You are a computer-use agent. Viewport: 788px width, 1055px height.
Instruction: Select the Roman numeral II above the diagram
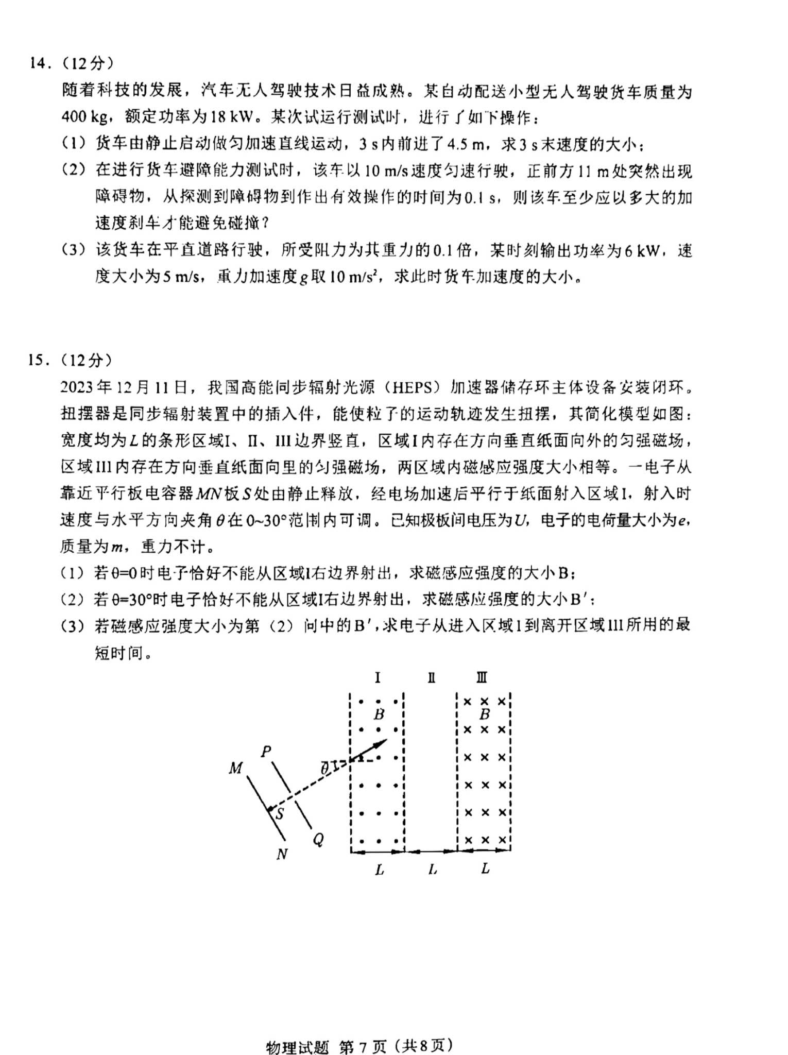point(431,678)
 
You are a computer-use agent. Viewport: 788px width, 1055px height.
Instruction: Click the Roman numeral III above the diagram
point(482,678)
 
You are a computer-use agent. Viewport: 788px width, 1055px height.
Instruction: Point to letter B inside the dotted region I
point(379,714)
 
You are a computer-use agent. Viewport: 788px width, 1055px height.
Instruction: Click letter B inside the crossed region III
point(484,714)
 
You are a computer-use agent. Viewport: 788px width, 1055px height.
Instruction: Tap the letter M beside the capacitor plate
point(235,768)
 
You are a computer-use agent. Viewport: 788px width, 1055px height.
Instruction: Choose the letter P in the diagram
point(266,752)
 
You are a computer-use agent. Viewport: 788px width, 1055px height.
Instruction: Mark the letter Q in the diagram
point(318,840)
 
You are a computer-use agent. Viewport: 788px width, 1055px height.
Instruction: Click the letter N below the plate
point(282,854)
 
